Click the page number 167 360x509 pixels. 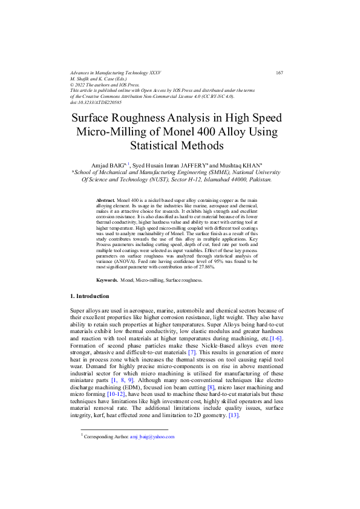point(279,73)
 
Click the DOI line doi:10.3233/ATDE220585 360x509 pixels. point(96,102)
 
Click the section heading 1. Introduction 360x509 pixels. point(90,296)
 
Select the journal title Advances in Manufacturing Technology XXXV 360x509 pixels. point(116,73)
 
